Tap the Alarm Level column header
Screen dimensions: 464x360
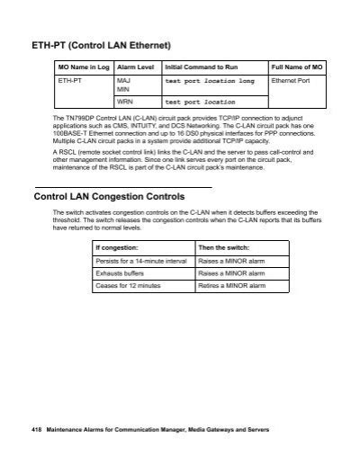pyautogui.click(x=135, y=67)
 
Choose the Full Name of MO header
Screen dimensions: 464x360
pyautogui.click(x=297, y=67)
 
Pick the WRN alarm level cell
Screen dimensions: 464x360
pyautogui.click(x=125, y=102)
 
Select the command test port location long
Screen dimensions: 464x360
pyautogui.click(x=210, y=80)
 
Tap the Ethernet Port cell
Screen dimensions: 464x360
pyautogui.click(x=290, y=80)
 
